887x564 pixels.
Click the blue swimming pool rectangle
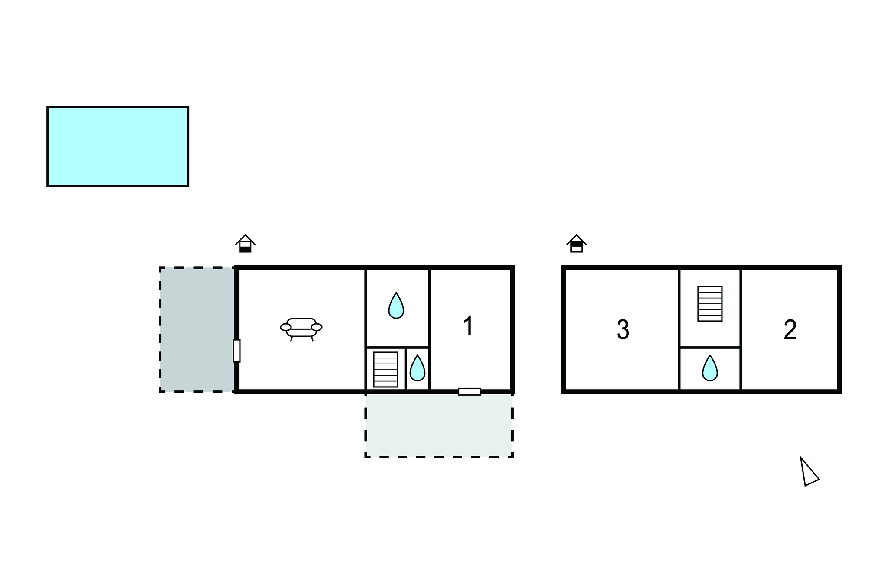tap(118, 146)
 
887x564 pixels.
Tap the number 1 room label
tap(468, 326)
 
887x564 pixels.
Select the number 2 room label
tap(790, 330)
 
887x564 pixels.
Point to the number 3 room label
tap(623, 330)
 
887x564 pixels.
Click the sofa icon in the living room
tap(301, 329)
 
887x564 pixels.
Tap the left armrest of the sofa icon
tap(286, 327)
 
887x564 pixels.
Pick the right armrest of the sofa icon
tap(317, 327)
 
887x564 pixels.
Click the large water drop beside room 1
tap(396, 306)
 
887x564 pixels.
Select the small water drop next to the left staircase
tap(418, 368)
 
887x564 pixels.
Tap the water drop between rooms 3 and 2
tap(710, 368)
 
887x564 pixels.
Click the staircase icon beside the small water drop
tap(385, 369)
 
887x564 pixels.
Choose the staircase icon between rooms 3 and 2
tap(710, 303)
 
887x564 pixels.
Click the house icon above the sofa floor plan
tap(245, 244)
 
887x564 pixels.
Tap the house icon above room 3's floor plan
tap(576, 244)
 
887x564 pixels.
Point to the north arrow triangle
tap(808, 472)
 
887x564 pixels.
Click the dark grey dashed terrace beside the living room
tap(197, 329)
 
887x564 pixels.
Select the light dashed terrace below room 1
tap(439, 425)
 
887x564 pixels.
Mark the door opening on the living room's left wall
tap(236, 351)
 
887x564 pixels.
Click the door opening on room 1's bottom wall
tap(469, 392)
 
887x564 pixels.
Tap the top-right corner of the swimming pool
tap(188, 106)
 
